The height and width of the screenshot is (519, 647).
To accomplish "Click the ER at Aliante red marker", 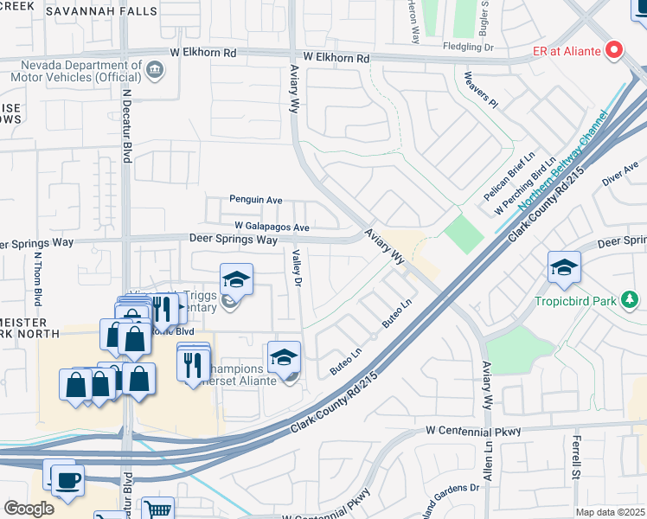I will tap(615, 50).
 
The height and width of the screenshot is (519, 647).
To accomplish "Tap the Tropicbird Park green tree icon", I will tap(631, 301).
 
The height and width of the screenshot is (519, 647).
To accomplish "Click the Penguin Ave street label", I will tap(256, 200).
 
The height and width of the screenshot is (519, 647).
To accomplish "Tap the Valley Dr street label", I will tap(297, 268).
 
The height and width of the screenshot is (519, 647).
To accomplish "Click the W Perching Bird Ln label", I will tap(525, 187).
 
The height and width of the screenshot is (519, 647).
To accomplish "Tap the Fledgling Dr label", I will tap(467, 47).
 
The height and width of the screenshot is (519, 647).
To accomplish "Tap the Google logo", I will tap(29, 509).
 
